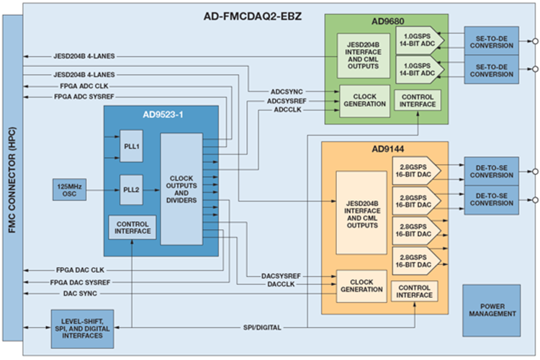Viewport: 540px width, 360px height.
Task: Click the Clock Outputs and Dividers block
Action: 181,189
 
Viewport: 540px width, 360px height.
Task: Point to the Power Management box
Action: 491,310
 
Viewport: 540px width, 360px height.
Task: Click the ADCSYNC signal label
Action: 285,92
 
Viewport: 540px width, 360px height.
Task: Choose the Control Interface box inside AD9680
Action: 417,100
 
